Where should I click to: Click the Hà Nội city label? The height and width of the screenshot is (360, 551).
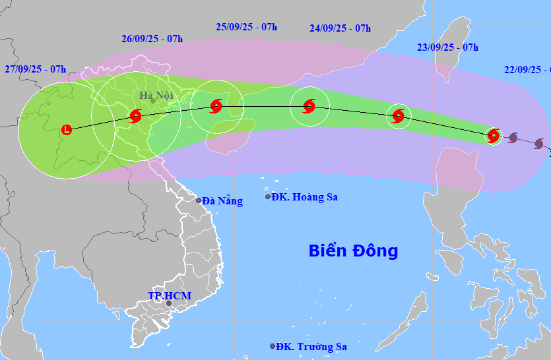click(x=156, y=95)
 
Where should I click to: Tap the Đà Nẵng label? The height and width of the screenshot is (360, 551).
click(x=222, y=200)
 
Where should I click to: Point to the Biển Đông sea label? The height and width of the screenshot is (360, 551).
click(x=353, y=251)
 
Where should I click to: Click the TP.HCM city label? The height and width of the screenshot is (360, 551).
click(x=170, y=295)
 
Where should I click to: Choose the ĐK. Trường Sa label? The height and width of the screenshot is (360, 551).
click(x=311, y=346)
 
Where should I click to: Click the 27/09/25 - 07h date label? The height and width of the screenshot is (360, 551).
click(x=35, y=69)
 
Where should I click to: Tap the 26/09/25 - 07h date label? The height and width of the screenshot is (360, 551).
click(x=152, y=38)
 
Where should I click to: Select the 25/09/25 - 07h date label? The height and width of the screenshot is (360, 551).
click(x=246, y=26)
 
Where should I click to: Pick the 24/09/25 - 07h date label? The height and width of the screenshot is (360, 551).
click(x=340, y=28)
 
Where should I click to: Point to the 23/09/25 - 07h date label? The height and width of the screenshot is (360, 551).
click(x=447, y=47)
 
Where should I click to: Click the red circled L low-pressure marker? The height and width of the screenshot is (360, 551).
click(x=67, y=130)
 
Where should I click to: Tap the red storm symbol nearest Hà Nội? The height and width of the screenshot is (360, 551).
click(x=135, y=117)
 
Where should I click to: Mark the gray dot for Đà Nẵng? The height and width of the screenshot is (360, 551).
click(x=199, y=200)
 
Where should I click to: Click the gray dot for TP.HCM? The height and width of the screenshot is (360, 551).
click(x=169, y=304)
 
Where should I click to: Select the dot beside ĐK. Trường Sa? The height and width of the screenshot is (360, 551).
click(x=273, y=346)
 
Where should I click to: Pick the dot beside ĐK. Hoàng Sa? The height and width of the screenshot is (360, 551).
click(x=268, y=196)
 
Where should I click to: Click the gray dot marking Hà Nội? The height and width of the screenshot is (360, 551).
click(x=152, y=101)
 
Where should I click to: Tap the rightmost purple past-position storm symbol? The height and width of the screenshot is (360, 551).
click(x=539, y=144)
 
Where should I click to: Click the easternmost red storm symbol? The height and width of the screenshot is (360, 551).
click(x=493, y=136)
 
